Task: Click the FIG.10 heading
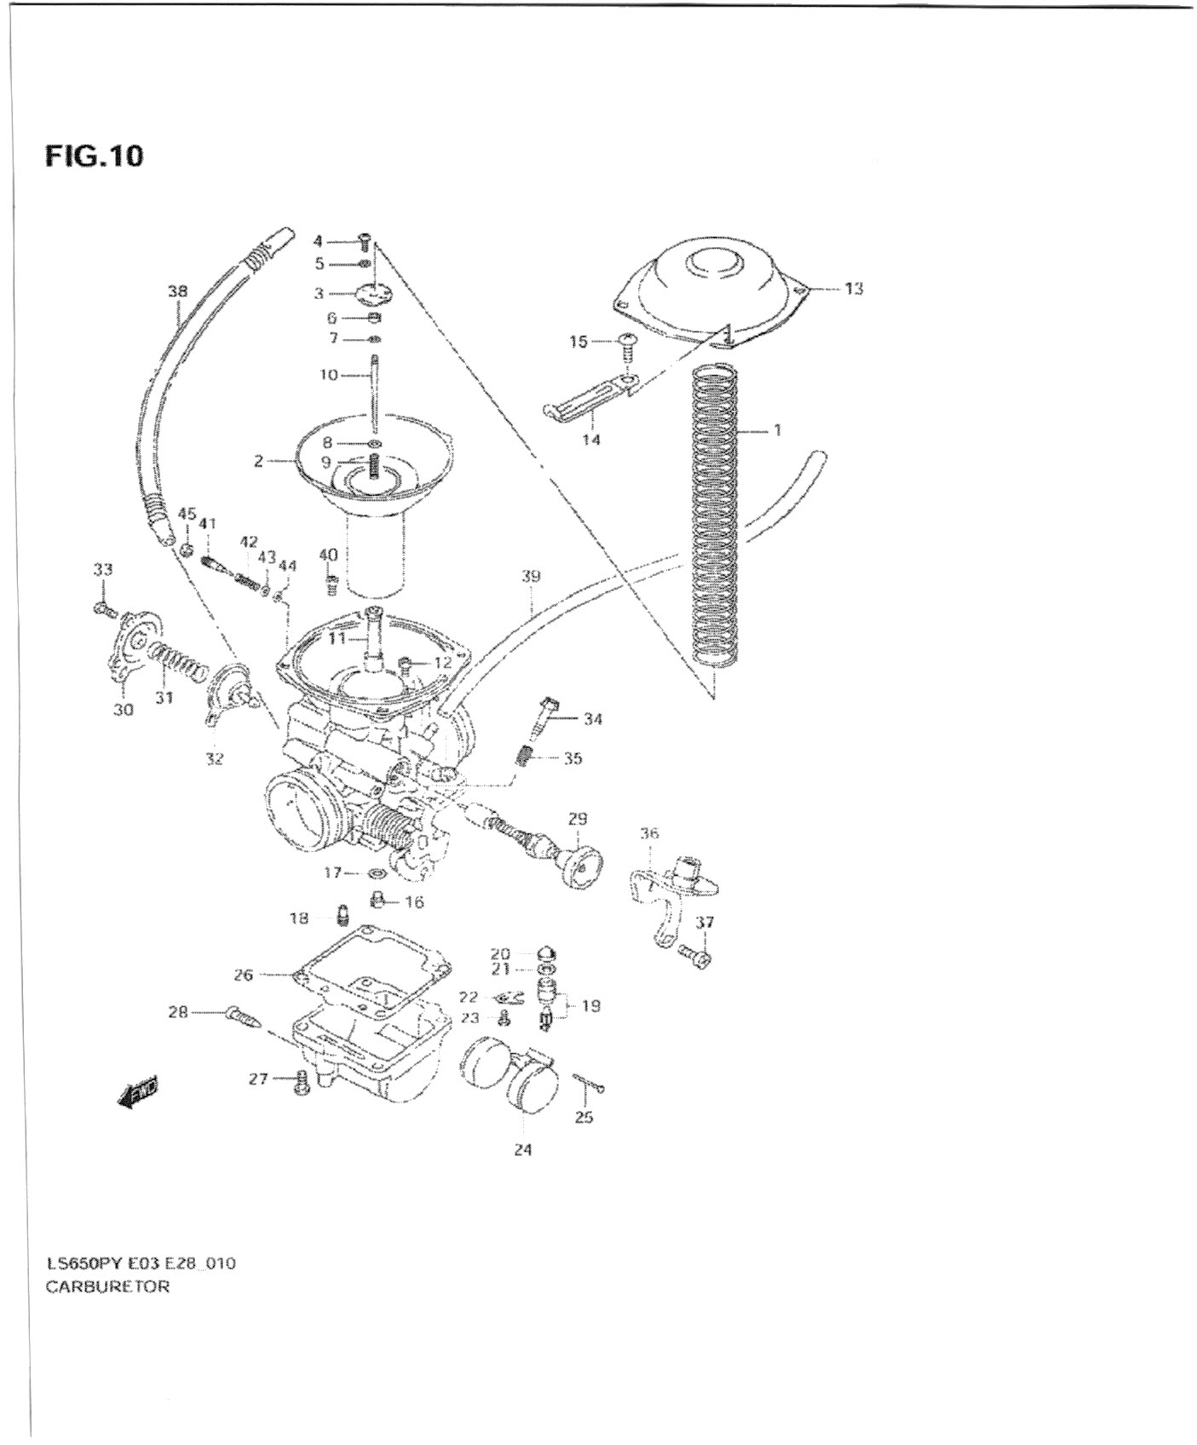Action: tap(94, 157)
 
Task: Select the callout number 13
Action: tap(854, 289)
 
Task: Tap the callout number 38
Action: tap(177, 291)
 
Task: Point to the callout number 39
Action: tap(531, 577)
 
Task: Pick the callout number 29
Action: tap(578, 819)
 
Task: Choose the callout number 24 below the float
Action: tap(523, 1149)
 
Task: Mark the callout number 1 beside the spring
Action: tap(777, 430)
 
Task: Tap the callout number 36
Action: tap(649, 833)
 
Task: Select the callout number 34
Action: tap(593, 719)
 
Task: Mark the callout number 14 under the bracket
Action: tap(591, 440)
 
